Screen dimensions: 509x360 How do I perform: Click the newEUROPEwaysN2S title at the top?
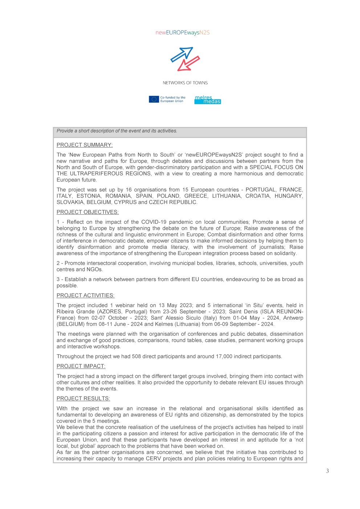183,33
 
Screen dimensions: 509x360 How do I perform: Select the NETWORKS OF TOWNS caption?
185,83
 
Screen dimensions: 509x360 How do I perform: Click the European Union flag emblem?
154,99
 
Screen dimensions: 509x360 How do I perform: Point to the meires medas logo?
208,99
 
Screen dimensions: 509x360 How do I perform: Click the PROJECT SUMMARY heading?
85,145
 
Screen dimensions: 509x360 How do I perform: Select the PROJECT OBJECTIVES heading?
87,212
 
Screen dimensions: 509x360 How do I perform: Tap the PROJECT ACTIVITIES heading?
85,296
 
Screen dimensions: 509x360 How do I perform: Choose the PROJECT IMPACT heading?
81,366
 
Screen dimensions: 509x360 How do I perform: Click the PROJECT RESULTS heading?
83,399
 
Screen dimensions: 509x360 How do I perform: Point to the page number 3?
327,471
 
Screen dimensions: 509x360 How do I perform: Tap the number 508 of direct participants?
136,357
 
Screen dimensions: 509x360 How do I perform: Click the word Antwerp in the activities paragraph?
293,318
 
